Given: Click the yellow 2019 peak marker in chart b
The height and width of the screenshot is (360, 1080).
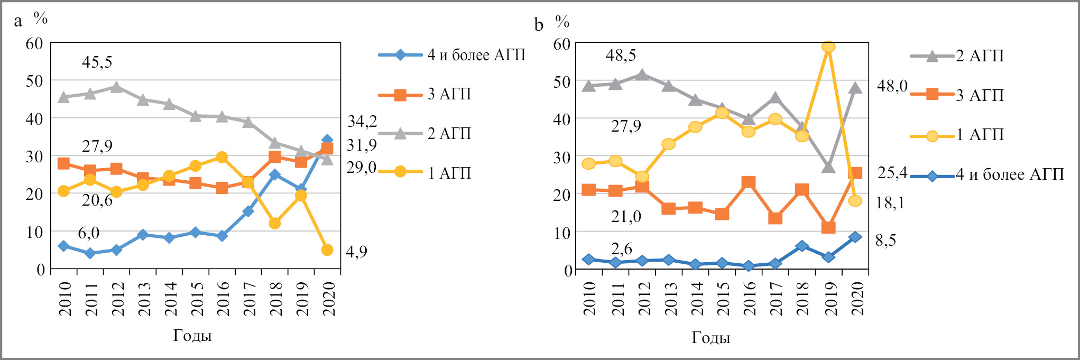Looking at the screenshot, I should pos(828,47).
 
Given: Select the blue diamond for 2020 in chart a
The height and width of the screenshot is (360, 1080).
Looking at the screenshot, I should pos(327,141).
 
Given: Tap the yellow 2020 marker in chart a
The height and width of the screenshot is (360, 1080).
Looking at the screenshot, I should pos(327,250).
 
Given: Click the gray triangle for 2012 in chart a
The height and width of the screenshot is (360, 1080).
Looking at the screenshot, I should pos(116,87).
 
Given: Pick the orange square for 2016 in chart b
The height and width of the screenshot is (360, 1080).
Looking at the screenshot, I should pos(749,182).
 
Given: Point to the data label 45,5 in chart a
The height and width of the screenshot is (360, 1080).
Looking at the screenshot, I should pos(97,62).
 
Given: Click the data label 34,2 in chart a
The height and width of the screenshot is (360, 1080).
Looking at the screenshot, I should pos(362,122).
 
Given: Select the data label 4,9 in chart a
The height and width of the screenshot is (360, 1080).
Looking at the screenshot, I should pos(356,252).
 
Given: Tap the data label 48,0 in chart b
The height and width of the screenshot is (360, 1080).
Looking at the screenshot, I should pos(892,86).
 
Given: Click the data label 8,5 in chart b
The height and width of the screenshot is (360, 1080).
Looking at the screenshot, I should pos(886,241).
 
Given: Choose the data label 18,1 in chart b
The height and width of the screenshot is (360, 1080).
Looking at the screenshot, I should pos(890,202).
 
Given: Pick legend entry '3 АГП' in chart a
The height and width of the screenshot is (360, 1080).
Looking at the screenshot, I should pos(449,94).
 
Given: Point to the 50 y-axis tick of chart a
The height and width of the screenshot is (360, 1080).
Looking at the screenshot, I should pos(35,81).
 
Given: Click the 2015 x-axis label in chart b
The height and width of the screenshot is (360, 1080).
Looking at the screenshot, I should pos(723,298).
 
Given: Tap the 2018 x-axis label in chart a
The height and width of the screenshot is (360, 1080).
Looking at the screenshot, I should pos(275,298).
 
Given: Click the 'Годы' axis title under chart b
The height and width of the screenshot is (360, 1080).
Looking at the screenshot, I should pos(711,338).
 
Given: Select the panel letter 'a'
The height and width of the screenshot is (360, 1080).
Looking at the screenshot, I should pos(19,21).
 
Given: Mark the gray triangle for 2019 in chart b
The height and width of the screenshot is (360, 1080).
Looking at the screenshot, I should pos(828,167).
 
